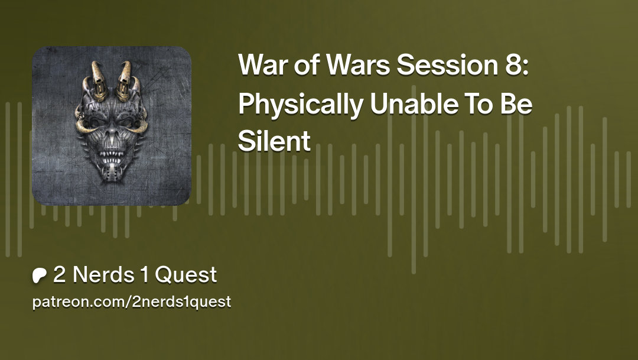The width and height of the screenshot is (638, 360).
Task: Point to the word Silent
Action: (274, 141)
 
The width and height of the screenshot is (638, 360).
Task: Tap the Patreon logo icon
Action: (40, 275)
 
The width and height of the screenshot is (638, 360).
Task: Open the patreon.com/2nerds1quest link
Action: (131, 302)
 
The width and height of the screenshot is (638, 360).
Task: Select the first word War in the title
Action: (261, 65)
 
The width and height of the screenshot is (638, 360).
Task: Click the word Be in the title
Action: (517, 105)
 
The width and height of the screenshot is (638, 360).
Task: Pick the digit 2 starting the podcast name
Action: (59, 275)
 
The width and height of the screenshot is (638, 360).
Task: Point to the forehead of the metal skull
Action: (111, 106)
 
